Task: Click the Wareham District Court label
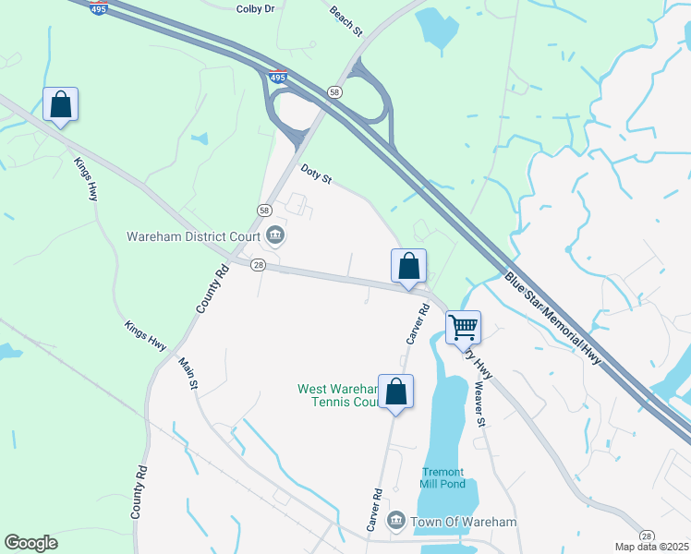(193, 236)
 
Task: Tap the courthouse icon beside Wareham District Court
(274, 236)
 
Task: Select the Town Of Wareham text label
(464, 523)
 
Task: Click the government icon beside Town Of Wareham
(396, 522)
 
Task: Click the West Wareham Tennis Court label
(338, 395)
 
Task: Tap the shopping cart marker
(463, 326)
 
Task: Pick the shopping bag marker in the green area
(60, 103)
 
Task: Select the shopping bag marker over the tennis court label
(395, 391)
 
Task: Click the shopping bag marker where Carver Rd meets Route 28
(408, 266)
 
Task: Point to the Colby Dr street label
(256, 8)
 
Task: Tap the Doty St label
(316, 175)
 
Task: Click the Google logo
(30, 543)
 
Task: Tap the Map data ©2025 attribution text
(651, 548)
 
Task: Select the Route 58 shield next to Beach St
(334, 91)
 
